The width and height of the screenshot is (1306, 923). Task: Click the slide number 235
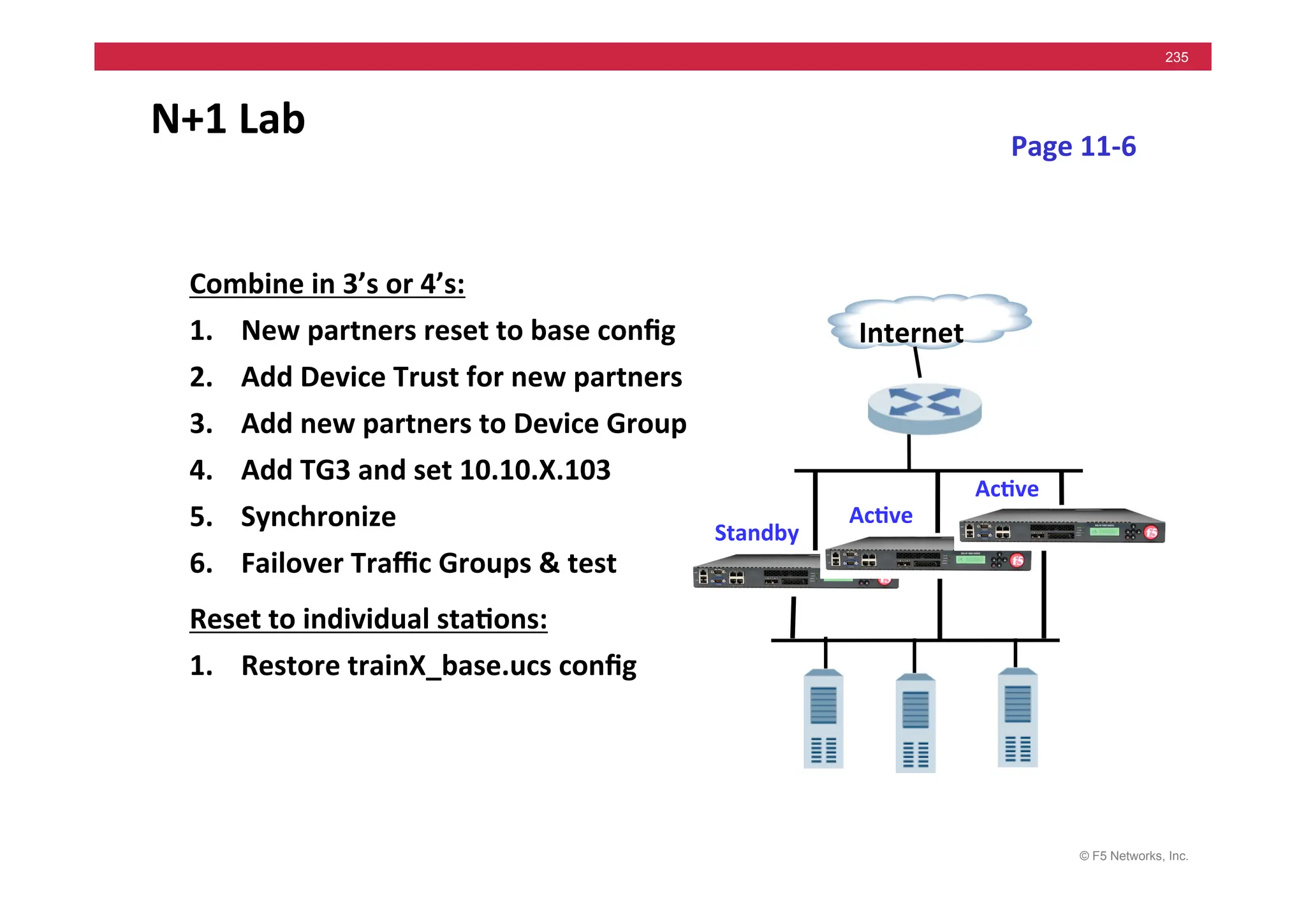click(1176, 57)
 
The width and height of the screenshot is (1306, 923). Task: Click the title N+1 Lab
click(228, 119)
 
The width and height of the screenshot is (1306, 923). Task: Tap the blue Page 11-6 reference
click(1073, 147)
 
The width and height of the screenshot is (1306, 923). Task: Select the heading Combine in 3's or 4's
click(327, 284)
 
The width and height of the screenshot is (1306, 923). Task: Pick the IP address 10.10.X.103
click(534, 470)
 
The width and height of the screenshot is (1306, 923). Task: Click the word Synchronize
click(318, 517)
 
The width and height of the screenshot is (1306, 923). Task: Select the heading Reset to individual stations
click(369, 619)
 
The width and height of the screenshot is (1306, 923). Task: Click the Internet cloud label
click(911, 332)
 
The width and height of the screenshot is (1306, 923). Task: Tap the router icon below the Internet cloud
click(924, 410)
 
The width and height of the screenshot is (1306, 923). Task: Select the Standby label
click(756, 533)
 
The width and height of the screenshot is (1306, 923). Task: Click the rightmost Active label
click(1006, 489)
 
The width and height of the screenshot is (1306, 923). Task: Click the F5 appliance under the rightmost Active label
click(1062, 527)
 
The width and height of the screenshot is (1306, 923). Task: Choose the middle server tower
click(915, 723)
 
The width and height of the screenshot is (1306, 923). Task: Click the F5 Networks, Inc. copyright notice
click(1133, 856)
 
